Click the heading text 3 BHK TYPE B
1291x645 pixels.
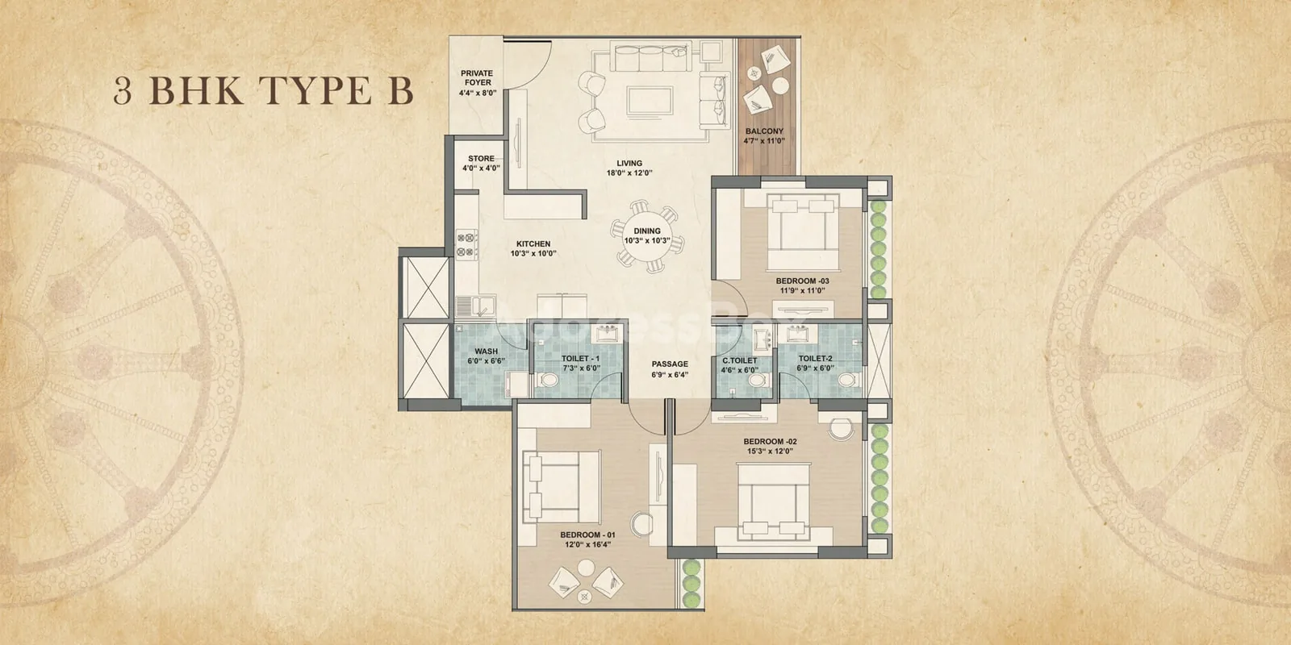263,90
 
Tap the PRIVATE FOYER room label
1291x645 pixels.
477,77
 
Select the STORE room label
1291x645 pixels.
481,158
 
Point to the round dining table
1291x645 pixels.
647,236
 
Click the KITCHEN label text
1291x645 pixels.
533,244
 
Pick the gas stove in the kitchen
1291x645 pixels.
467,244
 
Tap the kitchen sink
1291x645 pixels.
475,306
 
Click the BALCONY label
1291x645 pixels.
764,131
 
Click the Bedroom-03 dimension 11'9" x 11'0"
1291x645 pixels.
802,291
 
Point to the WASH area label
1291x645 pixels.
487,352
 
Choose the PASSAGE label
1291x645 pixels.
670,364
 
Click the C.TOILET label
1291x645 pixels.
740,361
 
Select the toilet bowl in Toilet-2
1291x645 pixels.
848,380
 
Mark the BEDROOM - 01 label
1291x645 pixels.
588,535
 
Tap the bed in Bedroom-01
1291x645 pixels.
562,487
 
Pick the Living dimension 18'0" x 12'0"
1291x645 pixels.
629,173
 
